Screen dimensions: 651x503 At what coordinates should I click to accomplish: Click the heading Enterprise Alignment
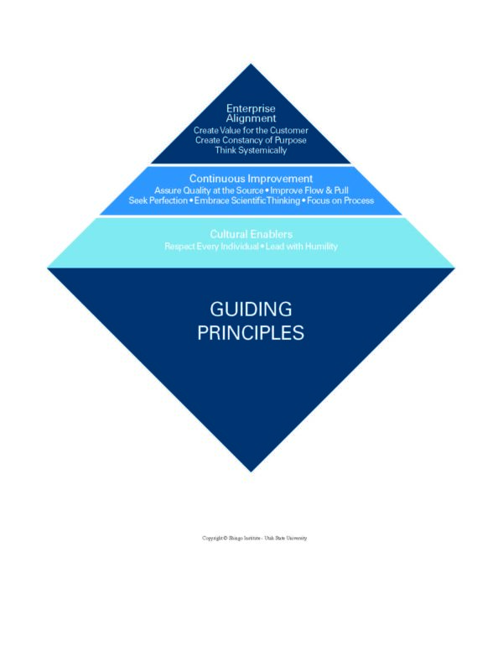(251, 113)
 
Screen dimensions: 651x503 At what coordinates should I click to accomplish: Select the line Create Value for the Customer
(251, 131)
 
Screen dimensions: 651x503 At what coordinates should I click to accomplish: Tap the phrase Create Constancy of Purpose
(251, 141)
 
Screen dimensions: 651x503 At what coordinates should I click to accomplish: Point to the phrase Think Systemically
(251, 151)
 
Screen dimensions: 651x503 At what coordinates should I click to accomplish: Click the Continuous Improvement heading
(251, 179)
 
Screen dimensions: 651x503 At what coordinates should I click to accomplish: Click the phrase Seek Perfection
(158, 201)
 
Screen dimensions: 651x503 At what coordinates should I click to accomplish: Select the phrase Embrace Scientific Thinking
(246, 201)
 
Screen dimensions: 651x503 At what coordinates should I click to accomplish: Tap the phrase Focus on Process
(340, 201)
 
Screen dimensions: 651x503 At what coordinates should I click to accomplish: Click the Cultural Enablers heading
(251, 234)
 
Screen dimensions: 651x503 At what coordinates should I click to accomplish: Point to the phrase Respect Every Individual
(211, 247)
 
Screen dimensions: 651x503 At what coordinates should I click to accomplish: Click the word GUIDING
(251, 309)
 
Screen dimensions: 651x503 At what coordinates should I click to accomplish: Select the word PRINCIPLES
(251, 332)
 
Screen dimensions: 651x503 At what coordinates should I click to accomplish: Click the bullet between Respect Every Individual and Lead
(262, 247)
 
